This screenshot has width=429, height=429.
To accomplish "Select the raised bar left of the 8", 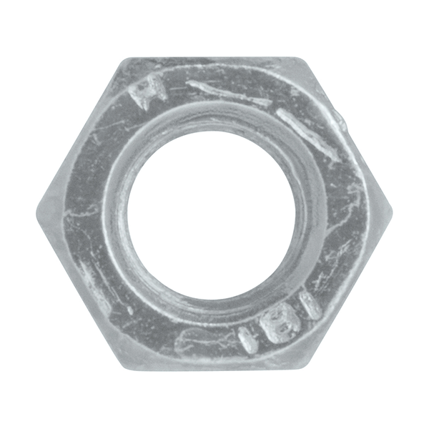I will coord(247,340).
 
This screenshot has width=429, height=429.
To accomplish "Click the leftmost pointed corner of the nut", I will coord(36,213).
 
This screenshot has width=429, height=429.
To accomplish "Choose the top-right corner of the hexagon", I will coord(305,59).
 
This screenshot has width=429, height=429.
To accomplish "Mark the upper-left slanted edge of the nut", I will coord(81,136).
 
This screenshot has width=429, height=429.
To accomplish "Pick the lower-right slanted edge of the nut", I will coord(348,290).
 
